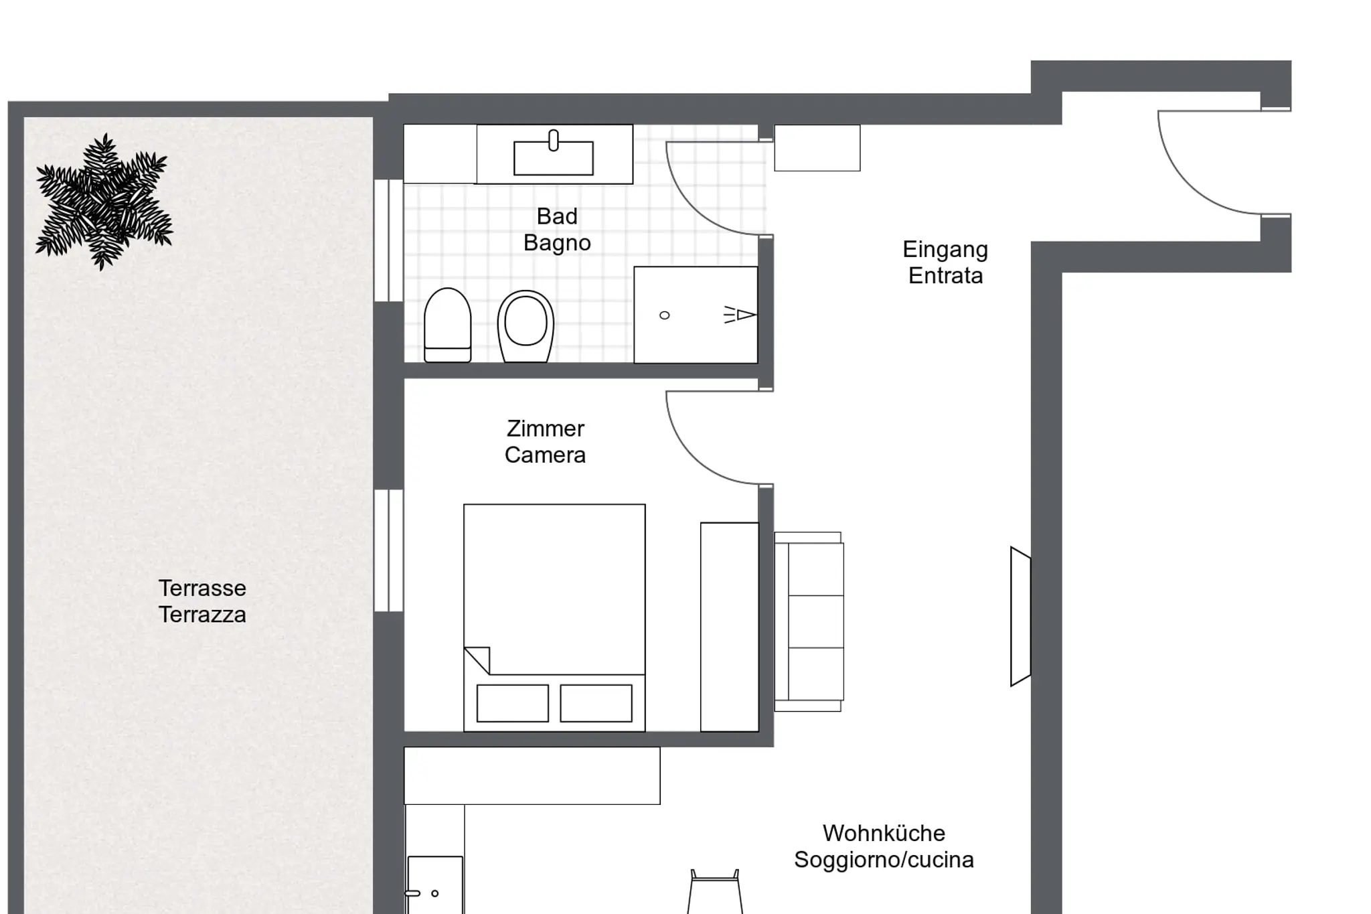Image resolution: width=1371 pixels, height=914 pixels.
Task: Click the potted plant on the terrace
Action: click(x=104, y=201)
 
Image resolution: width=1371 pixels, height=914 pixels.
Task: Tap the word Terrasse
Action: click(x=202, y=588)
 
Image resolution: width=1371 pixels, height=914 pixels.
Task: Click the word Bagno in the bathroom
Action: click(x=557, y=243)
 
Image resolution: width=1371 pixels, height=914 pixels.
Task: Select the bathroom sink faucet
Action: click(x=554, y=141)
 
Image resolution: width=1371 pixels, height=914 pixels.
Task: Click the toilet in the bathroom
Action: click(x=448, y=325)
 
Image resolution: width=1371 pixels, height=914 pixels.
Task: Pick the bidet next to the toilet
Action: click(x=526, y=326)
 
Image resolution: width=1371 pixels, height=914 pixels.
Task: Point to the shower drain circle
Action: click(x=665, y=315)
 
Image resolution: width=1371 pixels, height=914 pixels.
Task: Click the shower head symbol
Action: click(x=740, y=315)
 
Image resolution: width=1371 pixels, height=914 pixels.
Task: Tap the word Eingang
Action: click(x=945, y=249)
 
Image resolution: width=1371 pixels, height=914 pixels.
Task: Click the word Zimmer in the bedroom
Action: click(x=546, y=429)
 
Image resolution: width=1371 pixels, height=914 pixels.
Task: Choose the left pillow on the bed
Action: click(x=513, y=703)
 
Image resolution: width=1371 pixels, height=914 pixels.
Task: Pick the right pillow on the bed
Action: click(x=596, y=703)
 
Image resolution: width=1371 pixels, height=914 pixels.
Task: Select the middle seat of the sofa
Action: click(x=816, y=621)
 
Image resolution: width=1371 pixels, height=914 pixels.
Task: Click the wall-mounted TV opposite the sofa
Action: click(x=1020, y=617)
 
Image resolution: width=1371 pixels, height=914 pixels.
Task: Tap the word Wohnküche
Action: click(x=884, y=833)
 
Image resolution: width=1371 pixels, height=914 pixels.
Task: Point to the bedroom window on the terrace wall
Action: click(x=388, y=550)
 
